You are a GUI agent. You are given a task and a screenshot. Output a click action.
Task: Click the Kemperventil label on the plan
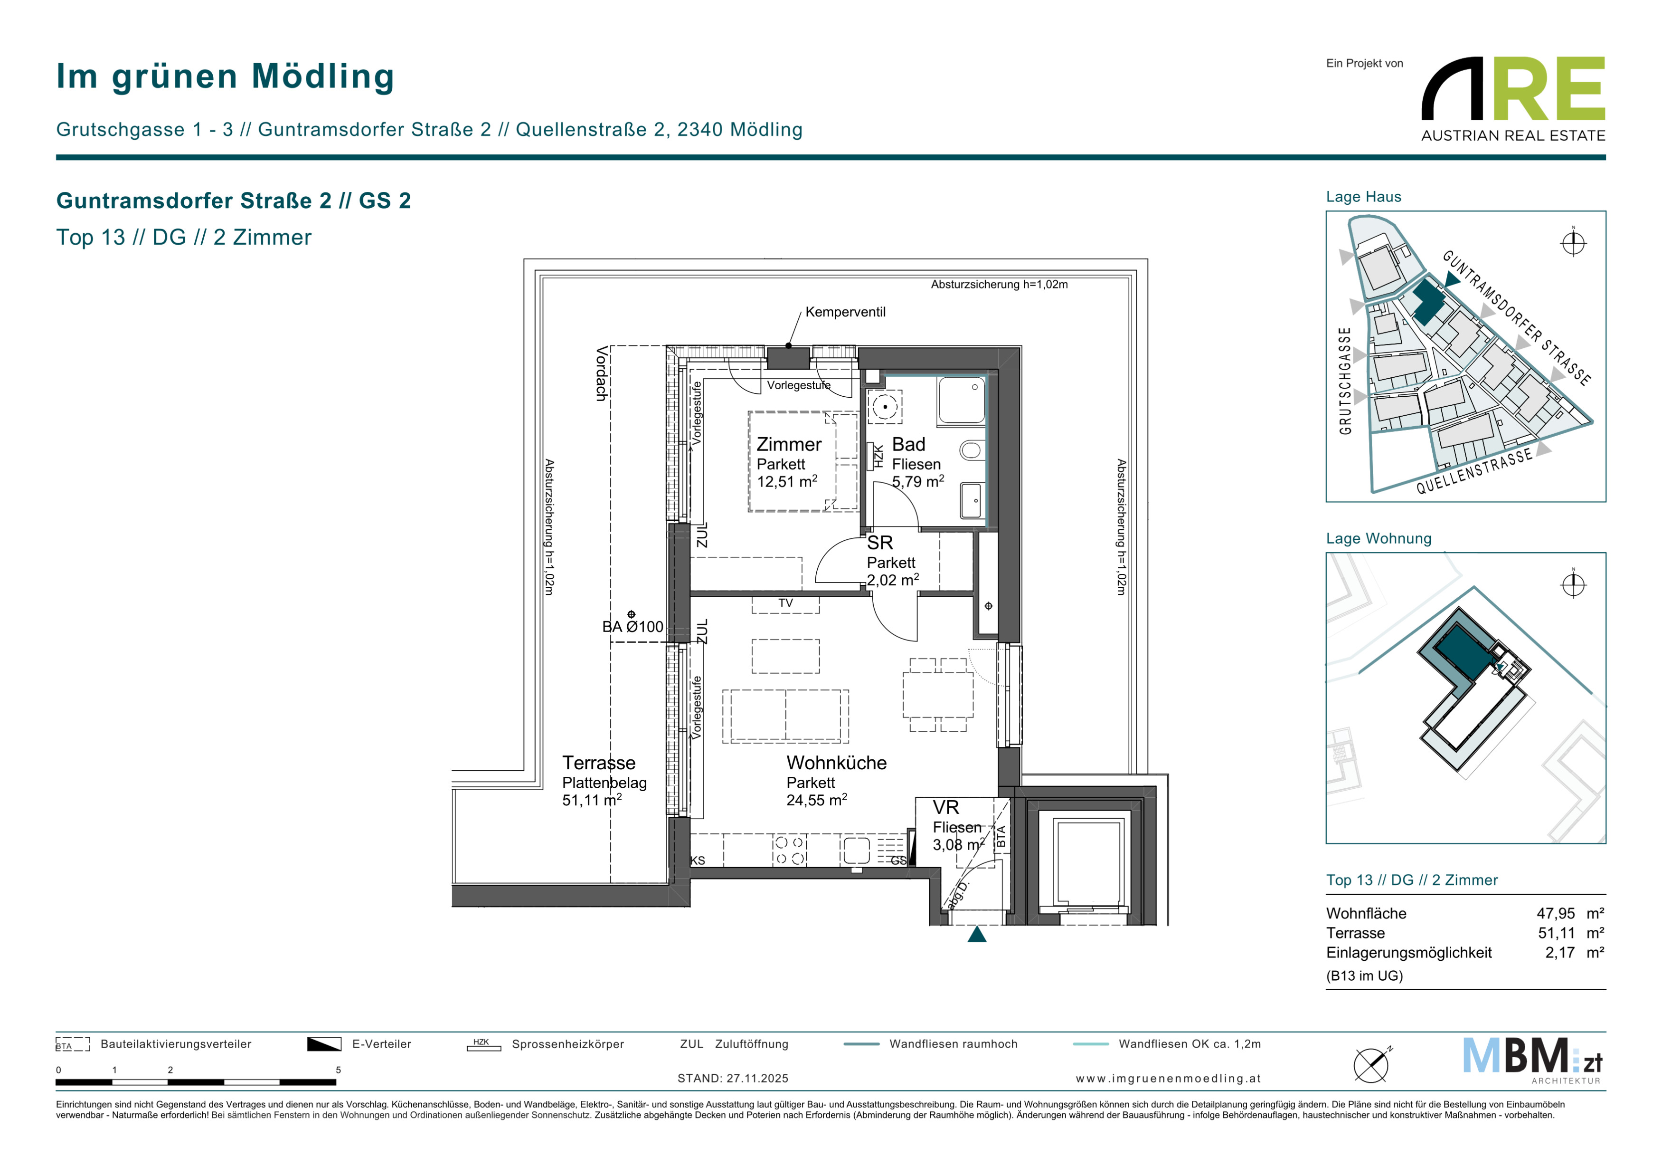pyautogui.click(x=845, y=312)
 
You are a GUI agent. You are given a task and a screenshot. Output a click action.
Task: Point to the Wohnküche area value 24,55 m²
pyautogui.click(x=817, y=800)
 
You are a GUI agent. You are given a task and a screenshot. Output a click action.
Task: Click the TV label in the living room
pyautogui.click(x=785, y=603)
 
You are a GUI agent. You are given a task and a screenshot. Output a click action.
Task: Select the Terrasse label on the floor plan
pyautogui.click(x=599, y=763)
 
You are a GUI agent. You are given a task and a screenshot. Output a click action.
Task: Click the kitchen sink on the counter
pyautogui.click(x=856, y=850)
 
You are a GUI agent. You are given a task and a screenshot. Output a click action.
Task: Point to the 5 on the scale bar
pyautogui.click(x=338, y=1070)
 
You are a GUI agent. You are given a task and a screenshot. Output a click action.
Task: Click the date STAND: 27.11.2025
pyautogui.click(x=733, y=1078)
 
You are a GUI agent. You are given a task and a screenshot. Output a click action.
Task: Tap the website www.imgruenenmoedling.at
pyautogui.click(x=1168, y=1078)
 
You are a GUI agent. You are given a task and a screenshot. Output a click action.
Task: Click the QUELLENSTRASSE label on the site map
pyautogui.click(x=1474, y=471)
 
